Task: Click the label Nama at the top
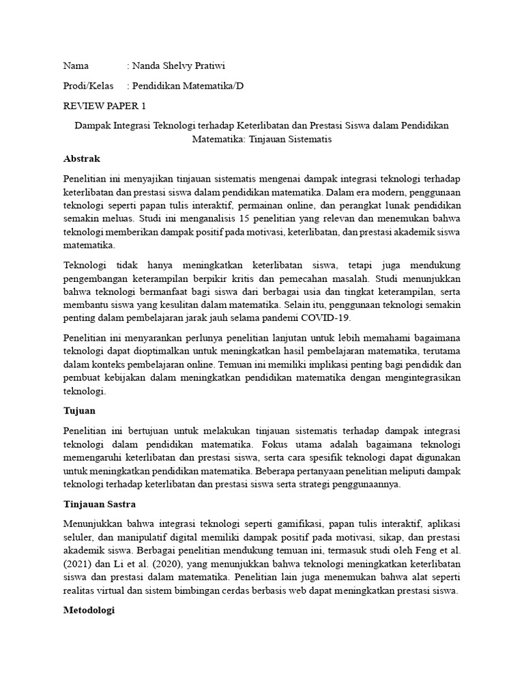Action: [x=76, y=66]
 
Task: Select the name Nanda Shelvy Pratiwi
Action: [x=178, y=66]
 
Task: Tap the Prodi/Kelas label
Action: [x=88, y=86]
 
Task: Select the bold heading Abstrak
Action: [x=81, y=158]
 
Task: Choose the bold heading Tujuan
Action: [x=79, y=412]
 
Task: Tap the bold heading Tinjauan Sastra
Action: [x=99, y=504]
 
